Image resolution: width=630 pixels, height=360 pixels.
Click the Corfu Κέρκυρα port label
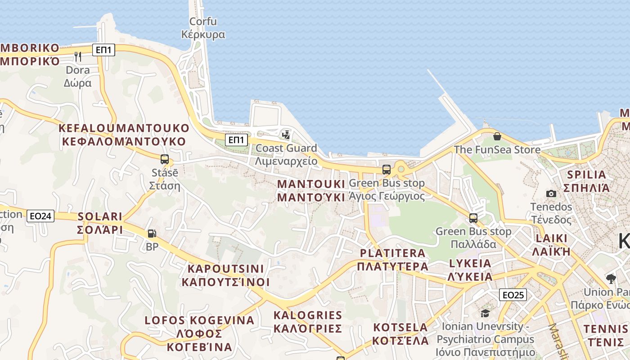pyautogui.click(x=203, y=28)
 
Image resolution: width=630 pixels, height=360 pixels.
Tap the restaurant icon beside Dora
pyautogui.click(x=78, y=56)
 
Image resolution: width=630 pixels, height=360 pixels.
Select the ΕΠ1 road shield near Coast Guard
pyautogui.click(x=236, y=140)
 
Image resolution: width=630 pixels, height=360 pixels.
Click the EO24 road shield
pyautogui.click(x=40, y=216)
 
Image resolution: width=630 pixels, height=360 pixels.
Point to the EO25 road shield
pyautogui.click(x=513, y=295)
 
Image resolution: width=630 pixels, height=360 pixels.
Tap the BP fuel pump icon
pyautogui.click(x=152, y=234)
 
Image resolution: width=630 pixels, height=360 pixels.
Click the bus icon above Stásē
pyautogui.click(x=165, y=159)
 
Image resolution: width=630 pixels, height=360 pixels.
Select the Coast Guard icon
pyautogui.click(x=286, y=135)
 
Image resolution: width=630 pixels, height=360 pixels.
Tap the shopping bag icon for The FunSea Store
pyautogui.click(x=497, y=136)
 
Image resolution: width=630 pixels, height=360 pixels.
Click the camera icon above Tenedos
pyautogui.click(x=551, y=193)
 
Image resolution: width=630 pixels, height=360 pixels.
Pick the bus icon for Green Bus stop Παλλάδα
pyautogui.click(x=473, y=218)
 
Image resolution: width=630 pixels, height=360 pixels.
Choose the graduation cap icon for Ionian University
pyautogui.click(x=485, y=313)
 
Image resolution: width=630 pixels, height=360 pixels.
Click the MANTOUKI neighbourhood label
pyautogui.click(x=311, y=190)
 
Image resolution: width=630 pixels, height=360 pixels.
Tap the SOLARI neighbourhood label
pyautogui.click(x=100, y=223)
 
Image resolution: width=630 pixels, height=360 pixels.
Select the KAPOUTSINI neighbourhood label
pyautogui.click(x=225, y=275)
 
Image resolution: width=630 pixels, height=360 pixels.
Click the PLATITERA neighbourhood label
pyautogui.click(x=392, y=260)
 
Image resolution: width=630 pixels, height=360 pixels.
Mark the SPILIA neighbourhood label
pyautogui.click(x=586, y=181)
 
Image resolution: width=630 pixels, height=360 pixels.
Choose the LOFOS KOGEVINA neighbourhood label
pyautogui.click(x=199, y=333)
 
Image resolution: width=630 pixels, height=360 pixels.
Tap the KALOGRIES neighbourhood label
pyautogui.click(x=308, y=321)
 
